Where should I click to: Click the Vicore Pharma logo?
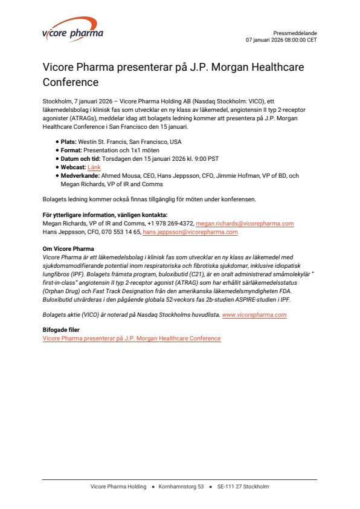point(72,32)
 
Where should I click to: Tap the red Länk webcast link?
point(94,167)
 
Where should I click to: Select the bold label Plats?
point(69,141)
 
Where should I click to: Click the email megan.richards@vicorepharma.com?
point(245,224)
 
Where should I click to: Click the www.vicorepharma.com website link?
point(254,315)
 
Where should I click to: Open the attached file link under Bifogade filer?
point(132,339)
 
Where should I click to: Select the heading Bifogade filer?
point(61,330)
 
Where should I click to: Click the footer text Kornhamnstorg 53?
point(181,487)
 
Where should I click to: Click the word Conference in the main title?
point(71,81)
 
